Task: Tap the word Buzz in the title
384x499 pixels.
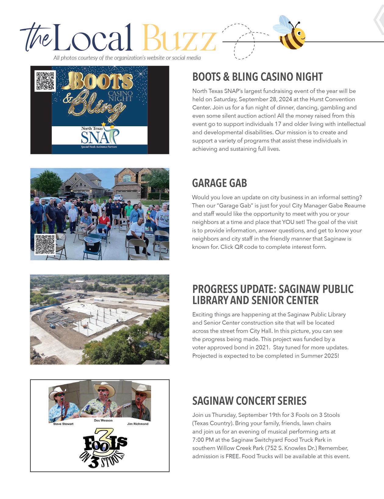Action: coord(179,38)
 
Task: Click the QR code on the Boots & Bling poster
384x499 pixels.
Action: coord(45,81)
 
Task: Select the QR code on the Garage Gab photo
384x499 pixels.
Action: coord(45,244)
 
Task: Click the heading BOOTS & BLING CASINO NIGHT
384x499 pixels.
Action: coord(257,77)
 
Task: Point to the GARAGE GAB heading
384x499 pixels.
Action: coord(219,183)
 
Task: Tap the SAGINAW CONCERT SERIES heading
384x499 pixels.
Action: coord(249,401)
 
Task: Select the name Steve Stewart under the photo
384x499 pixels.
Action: coord(63,424)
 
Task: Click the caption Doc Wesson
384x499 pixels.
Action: coord(103,420)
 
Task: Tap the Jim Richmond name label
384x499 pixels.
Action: coord(138,424)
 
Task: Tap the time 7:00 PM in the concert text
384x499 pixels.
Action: coord(203,440)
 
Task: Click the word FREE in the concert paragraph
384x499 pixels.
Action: coord(232,456)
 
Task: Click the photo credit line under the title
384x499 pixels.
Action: coord(127,58)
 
